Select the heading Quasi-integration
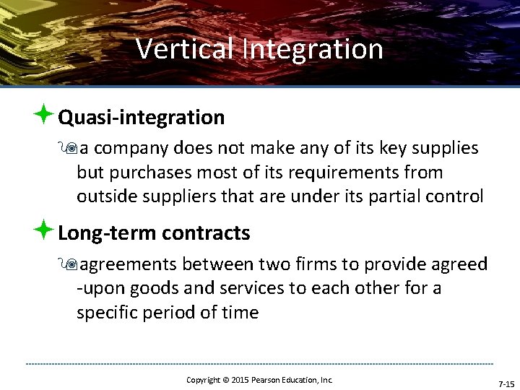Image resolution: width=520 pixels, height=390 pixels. [142, 117]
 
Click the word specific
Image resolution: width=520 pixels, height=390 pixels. [109, 312]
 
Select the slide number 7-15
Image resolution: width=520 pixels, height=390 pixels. [506, 383]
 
